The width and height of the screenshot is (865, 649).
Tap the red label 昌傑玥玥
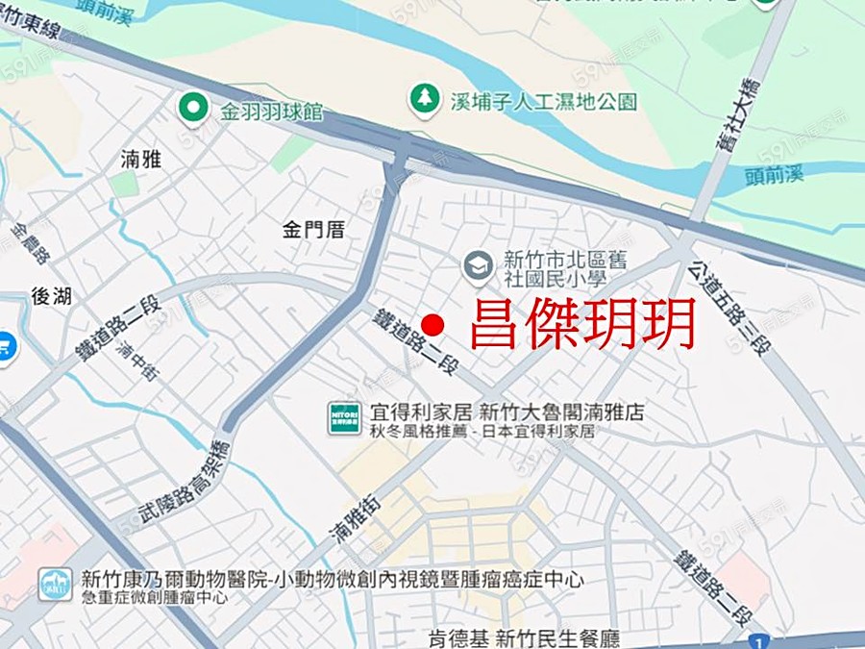tap(582, 326)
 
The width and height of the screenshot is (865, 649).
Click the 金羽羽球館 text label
tap(273, 112)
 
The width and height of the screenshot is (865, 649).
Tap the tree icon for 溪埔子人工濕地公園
tap(424, 97)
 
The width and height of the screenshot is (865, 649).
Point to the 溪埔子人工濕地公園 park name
tap(544, 101)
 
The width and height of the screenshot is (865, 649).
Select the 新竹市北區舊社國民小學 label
tap(555, 268)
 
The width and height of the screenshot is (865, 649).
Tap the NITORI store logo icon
tap(344, 418)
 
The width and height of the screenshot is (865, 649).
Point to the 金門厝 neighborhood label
tap(313, 230)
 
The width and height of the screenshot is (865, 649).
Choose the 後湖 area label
tap(52, 296)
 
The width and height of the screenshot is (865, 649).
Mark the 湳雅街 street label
tap(355, 528)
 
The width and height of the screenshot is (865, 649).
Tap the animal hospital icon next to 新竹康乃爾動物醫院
tap(55, 584)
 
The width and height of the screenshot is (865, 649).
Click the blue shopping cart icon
tap(6, 344)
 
